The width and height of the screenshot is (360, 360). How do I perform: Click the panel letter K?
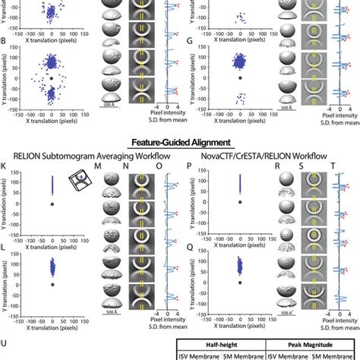point(5,168)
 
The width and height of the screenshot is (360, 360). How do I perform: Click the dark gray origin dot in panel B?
point(51,78)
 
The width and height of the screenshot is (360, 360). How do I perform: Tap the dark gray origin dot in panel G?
point(241,78)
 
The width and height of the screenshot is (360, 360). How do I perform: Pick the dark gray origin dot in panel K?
point(51,204)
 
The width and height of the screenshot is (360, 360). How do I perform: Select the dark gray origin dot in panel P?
point(241,204)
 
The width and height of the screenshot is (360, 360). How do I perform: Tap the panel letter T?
point(329,168)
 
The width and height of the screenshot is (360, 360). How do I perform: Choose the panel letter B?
point(5,40)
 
